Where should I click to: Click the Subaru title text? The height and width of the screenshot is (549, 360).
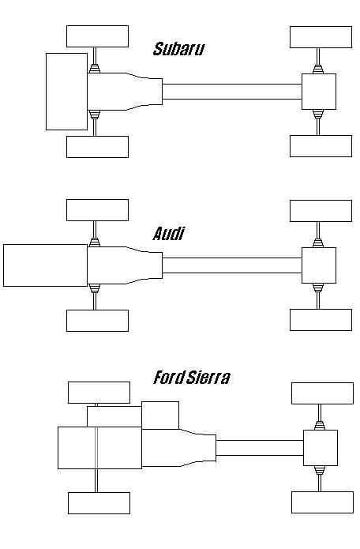click(x=178, y=49)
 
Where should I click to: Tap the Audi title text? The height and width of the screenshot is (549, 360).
click(x=168, y=234)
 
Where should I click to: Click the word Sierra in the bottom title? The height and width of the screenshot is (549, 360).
click(x=208, y=378)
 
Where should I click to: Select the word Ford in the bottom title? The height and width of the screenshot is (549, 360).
click(x=169, y=378)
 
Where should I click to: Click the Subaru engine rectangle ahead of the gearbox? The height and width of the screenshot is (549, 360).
click(x=66, y=92)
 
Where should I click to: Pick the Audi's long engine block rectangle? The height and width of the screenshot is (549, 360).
click(x=46, y=265)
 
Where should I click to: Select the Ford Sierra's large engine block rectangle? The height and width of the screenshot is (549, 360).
click(x=99, y=448)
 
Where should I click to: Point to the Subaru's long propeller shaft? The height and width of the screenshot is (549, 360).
click(x=232, y=92)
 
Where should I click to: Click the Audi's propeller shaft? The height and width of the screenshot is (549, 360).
click(x=232, y=265)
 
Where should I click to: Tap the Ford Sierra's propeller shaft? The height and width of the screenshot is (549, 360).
click(x=260, y=448)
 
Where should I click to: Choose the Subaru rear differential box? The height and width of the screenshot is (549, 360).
click(x=319, y=92)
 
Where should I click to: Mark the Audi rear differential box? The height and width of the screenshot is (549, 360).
click(x=319, y=265)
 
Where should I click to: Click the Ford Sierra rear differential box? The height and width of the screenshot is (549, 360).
click(x=321, y=448)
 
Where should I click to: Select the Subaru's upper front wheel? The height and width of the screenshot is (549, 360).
click(x=98, y=36)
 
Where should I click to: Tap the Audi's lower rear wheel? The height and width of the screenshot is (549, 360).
click(x=321, y=320)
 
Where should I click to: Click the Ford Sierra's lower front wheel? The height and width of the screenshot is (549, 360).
click(x=99, y=503)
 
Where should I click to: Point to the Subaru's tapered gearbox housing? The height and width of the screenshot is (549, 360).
click(x=125, y=92)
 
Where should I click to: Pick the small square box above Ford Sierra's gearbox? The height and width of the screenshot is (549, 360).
click(x=160, y=416)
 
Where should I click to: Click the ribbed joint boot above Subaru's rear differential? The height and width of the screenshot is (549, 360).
click(x=318, y=70)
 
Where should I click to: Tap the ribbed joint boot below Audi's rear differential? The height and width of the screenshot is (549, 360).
click(x=318, y=288)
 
